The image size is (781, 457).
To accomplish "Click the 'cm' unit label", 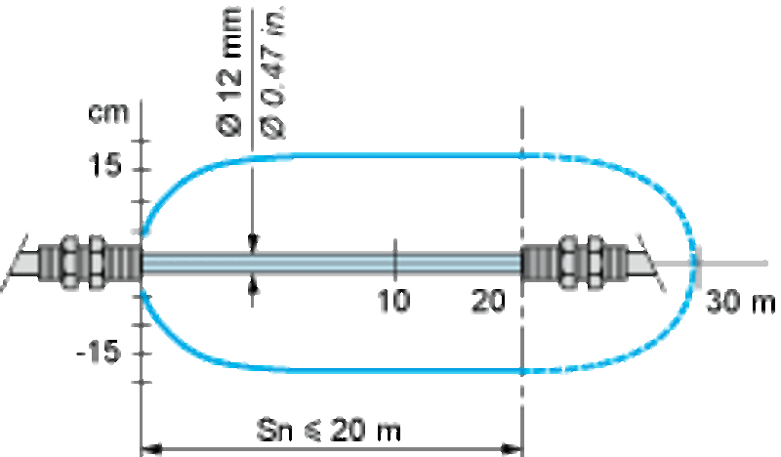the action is point(108,114).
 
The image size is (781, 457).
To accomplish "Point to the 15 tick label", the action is point(105,165).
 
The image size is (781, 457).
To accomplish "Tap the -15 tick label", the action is point(100,352).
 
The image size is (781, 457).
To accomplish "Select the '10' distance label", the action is point(393,301).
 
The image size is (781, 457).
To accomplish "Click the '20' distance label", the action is point(488,301).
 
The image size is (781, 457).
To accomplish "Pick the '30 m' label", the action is point(741,302).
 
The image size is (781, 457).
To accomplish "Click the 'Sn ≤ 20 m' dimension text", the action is point(328,430).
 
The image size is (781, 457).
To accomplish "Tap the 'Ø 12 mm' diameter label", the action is point(229,71).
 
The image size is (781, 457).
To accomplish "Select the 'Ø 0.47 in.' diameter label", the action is point(273,72).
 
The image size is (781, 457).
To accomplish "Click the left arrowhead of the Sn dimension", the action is point(151,449).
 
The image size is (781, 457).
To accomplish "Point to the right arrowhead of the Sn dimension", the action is point(512,449).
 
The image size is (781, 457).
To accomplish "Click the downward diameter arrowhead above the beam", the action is point(253,244).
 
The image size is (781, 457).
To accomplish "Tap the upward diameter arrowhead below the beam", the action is point(253,284).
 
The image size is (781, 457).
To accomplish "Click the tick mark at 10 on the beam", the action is point(395,259).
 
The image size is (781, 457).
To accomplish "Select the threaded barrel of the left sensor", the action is point(123,262).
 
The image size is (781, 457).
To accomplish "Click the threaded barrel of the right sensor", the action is point(540,262).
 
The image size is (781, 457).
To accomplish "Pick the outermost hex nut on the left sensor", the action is point(69,262).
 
